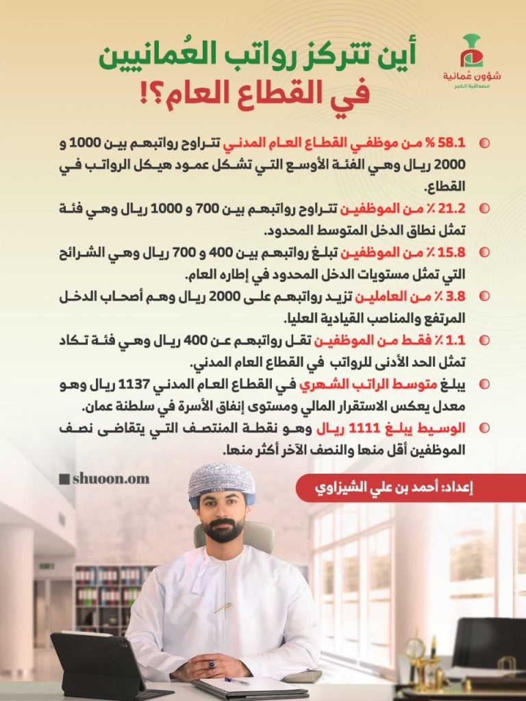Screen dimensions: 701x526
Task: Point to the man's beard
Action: pyautogui.click(x=224, y=530)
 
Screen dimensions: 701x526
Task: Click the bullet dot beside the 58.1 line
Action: pyautogui.click(x=484, y=144)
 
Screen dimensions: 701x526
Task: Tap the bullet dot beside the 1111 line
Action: pyautogui.click(x=484, y=429)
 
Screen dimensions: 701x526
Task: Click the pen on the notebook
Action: pyautogui.click(x=236, y=680)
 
